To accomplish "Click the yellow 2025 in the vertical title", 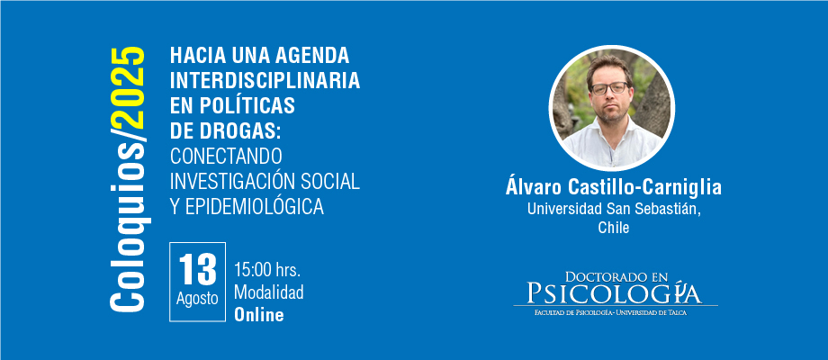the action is [128, 88].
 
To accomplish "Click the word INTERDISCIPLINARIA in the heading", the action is [265, 80].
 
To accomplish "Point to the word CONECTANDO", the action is [226, 156].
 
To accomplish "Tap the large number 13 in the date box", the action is [197, 269].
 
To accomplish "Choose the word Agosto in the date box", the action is [197, 299].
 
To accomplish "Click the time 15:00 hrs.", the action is [267, 271].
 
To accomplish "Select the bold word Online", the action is [259, 315].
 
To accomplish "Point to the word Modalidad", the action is [269, 292].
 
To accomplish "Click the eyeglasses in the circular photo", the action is [609, 88].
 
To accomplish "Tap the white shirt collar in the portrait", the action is [611, 132].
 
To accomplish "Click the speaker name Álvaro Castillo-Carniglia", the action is [613, 187].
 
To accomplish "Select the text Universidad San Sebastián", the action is [614, 209].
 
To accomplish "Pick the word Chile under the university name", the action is [614, 228].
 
